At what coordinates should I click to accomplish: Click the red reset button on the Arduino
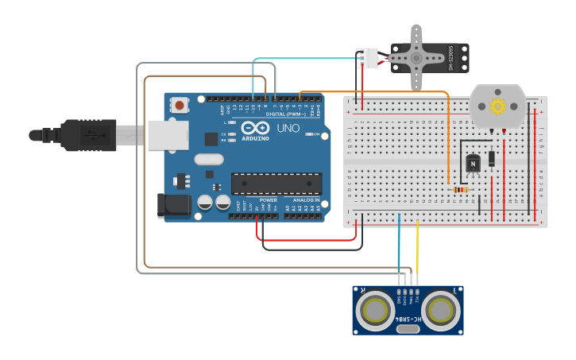point(180,104)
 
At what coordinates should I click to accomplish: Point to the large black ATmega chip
point(276,184)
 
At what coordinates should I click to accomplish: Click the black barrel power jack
point(174,205)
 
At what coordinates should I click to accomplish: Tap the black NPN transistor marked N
point(473,164)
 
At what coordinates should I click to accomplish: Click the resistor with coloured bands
point(459,189)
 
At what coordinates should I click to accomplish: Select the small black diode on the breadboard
point(493,158)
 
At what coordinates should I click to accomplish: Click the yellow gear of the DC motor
point(498,106)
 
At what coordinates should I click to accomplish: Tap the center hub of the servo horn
point(416,57)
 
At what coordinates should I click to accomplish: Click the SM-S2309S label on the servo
point(451,57)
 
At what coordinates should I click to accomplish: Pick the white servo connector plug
point(367,58)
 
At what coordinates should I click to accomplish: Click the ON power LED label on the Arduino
point(315,134)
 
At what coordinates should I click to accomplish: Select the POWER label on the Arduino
point(269,200)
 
